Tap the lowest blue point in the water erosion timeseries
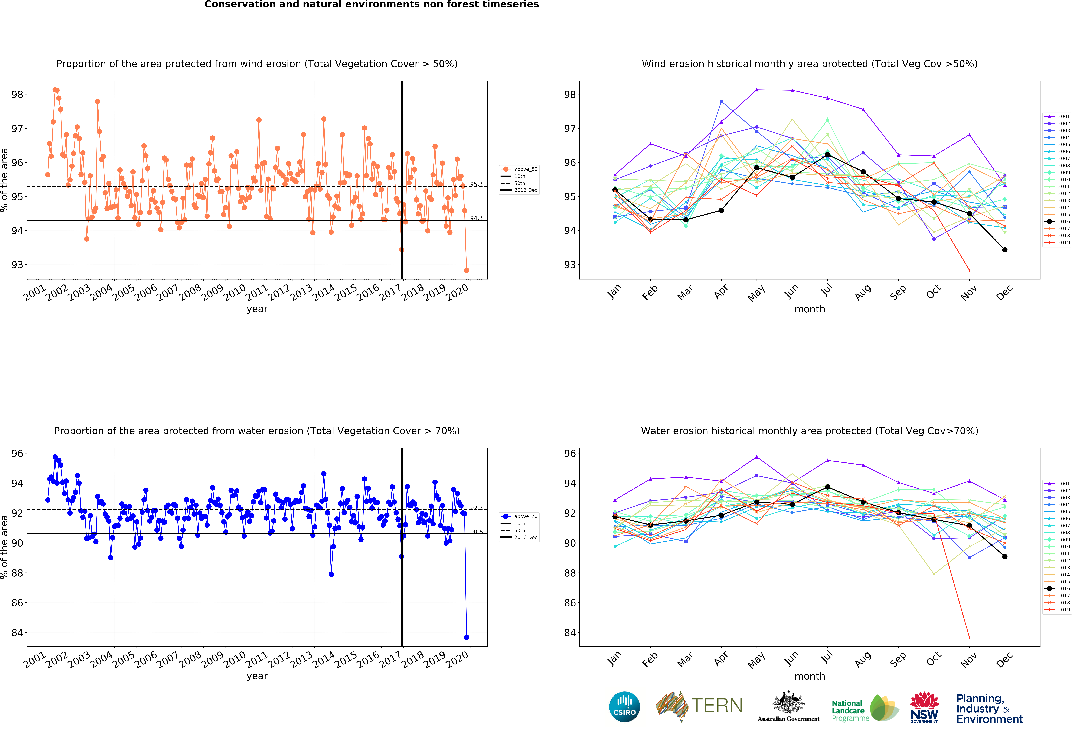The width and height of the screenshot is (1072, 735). [466, 637]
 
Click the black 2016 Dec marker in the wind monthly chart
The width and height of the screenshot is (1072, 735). [1005, 250]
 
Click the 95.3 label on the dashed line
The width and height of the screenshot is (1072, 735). [476, 184]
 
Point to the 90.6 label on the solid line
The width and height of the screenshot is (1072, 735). [476, 532]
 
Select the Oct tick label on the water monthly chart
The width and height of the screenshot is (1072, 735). [934, 658]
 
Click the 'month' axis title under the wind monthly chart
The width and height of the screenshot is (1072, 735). [810, 309]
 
